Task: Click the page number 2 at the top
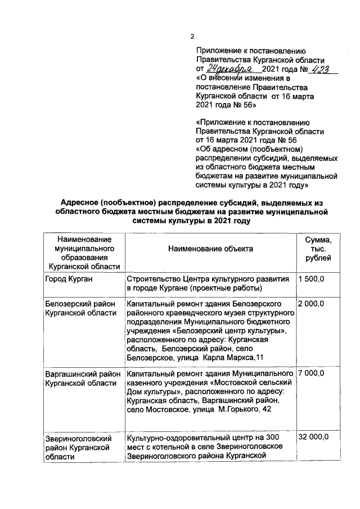[191, 37]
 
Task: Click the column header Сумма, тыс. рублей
[318, 248]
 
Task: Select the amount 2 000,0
[312, 304]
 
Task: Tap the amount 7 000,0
[312, 373]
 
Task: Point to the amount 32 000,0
[314, 437]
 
